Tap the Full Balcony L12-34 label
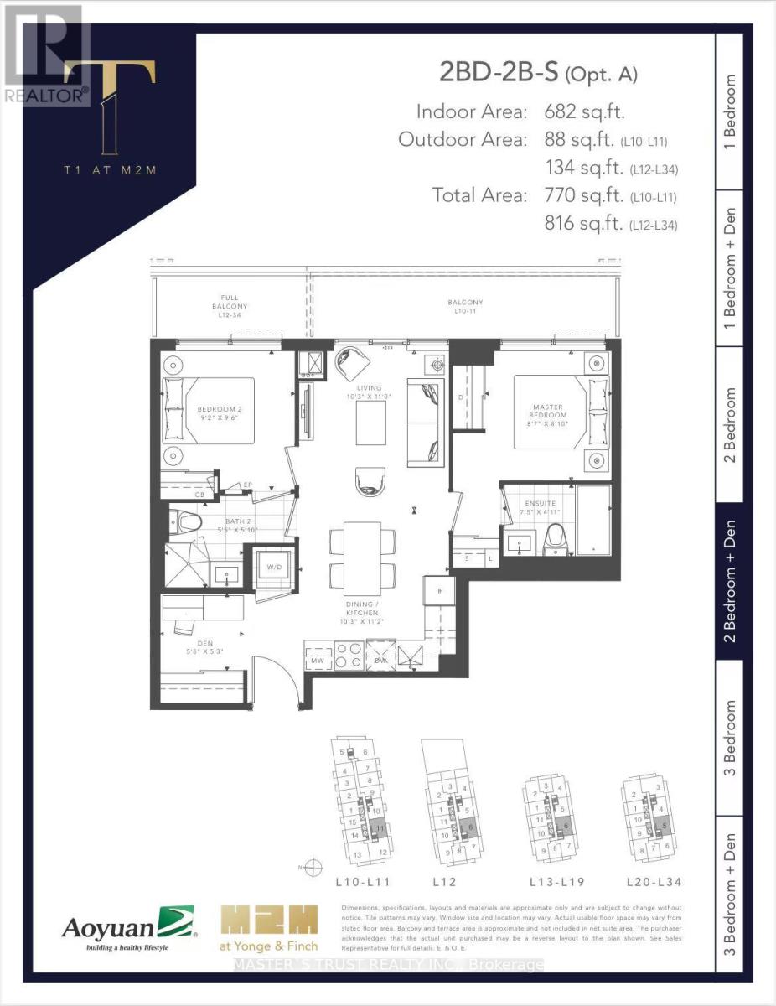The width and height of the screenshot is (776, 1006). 230,307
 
